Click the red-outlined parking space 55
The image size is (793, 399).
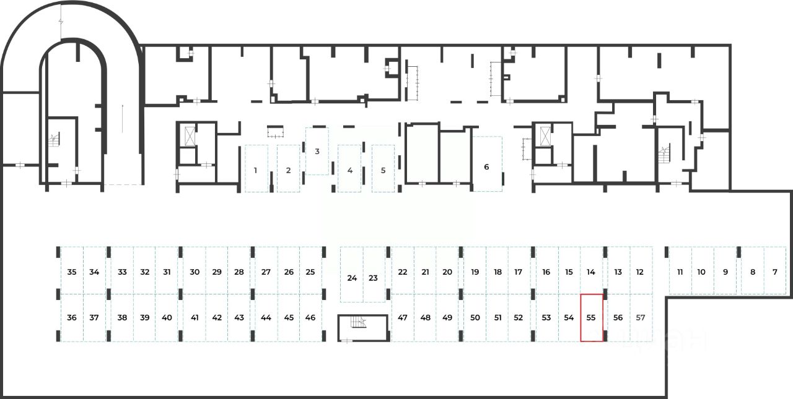pos(591,317)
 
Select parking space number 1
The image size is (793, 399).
pos(255,169)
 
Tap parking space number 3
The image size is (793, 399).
pos(317,152)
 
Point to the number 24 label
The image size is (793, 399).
pos(352,278)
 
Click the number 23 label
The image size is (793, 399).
pos(373,278)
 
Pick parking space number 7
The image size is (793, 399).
pos(774,272)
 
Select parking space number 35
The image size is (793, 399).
pos(72,272)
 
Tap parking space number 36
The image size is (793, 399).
pos(72,317)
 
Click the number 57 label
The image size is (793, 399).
pos(641,317)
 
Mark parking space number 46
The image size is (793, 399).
pos(310,317)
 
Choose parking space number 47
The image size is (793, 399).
pos(403,317)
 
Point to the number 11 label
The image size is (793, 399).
pos(680,272)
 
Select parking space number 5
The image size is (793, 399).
pos(383,169)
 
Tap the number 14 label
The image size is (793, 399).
pos(591,272)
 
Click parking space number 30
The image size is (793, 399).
pos(195,272)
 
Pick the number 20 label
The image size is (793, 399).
pos(447,272)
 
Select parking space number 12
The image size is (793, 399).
pos(640,272)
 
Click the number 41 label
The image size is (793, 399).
pos(195,317)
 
